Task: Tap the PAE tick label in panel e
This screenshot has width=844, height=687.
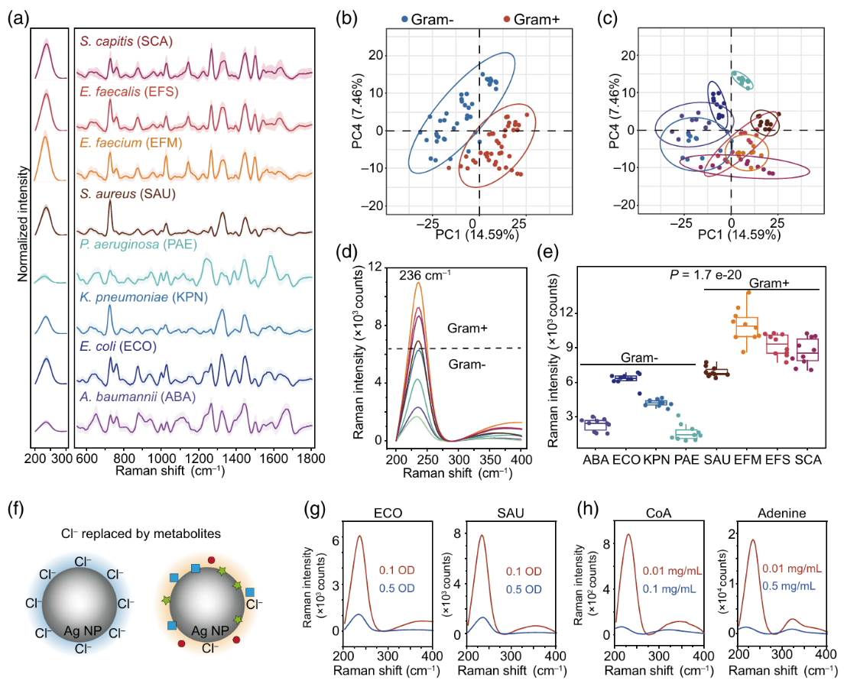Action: click(x=687, y=461)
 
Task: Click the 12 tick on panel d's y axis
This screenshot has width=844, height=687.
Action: click(x=376, y=266)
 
